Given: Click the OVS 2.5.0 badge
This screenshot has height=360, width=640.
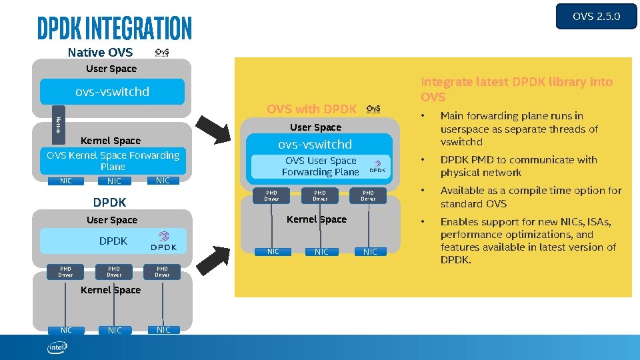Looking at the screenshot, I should coord(596,16).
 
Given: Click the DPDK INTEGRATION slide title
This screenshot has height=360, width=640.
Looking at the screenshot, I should coord(114,28).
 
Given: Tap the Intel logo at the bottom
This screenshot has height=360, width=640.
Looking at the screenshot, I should coord(57,347).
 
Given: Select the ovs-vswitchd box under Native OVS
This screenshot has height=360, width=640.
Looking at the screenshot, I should coord(112,92).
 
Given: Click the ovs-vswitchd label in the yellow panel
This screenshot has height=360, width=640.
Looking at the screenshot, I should coord(315,144).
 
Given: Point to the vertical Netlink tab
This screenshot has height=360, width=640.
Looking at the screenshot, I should coord(59,124).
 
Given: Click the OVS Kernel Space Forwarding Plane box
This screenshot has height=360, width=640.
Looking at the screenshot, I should coord(113,161).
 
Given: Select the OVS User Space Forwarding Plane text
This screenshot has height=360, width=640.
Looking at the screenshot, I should coord(320,166).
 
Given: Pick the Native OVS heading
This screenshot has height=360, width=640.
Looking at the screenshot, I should coord(100,52).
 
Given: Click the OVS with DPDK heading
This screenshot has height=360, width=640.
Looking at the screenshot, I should coord(312,109).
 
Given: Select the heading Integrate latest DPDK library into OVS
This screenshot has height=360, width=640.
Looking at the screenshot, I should coord(516,89).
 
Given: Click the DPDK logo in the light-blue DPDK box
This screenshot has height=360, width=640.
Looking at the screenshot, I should coord(163,241).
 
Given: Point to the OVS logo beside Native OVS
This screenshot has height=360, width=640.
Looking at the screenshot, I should coord(162,52).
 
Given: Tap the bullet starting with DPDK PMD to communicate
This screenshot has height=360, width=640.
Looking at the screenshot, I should coord(518,166).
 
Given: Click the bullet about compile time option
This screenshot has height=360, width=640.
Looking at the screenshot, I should coord(531,197).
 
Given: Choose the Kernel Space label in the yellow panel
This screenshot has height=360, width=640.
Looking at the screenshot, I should coord(316,219).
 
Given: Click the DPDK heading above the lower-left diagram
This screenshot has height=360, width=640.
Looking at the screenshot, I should coord(109,202).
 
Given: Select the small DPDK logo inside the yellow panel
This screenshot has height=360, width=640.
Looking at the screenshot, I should coord(377,166).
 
